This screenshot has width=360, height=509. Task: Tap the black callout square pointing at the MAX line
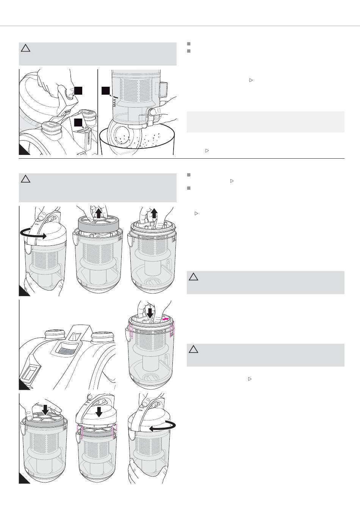coord(105,91)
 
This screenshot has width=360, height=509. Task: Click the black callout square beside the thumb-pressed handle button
coord(78,91)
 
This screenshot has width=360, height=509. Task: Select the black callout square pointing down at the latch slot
coord(78,122)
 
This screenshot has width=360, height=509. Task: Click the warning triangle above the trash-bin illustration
coord(25,48)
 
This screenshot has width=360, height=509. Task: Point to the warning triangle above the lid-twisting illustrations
coord(25,179)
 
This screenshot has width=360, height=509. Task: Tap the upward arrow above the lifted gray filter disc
coord(99,213)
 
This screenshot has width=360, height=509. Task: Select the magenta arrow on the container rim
coord(165,319)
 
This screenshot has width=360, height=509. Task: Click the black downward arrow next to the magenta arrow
coord(150,313)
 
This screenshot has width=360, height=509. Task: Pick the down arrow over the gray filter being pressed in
coord(45,410)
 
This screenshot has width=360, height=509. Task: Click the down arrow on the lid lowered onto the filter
coord(99,412)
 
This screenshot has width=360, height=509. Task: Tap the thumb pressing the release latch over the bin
coord(154,112)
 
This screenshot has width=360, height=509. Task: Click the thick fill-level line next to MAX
coord(115,97)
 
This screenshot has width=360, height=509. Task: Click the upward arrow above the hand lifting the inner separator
coord(154,214)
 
